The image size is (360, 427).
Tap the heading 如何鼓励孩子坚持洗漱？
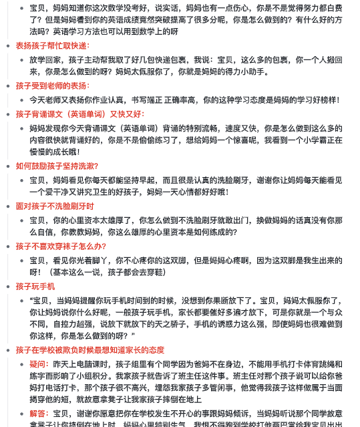click(57, 166)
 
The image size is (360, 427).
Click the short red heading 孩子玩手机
click(35, 286)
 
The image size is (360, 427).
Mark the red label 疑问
click(37, 364)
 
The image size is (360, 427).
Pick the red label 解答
click(37, 414)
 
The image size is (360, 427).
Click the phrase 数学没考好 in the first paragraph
click(139, 7)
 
